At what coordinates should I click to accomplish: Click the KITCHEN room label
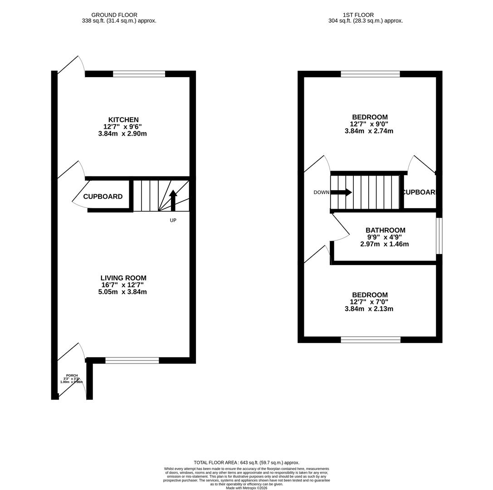(123, 120)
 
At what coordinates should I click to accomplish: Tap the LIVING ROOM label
(123, 278)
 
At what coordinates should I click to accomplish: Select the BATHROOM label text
(386, 230)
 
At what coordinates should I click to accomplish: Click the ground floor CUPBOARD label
(103, 196)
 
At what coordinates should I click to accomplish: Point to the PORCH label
(72, 376)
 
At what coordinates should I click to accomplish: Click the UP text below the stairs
(173, 220)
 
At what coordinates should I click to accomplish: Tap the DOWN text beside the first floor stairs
(321, 192)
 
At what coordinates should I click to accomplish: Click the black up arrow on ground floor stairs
(173, 200)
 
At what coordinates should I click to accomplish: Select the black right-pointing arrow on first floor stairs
(342, 192)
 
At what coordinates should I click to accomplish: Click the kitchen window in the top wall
(139, 74)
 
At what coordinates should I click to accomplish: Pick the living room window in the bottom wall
(132, 361)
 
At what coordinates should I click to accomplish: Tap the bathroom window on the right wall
(439, 236)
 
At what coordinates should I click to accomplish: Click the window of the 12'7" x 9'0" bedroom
(370, 74)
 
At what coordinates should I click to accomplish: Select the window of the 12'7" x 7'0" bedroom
(371, 339)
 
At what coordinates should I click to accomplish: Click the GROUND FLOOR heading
(114, 15)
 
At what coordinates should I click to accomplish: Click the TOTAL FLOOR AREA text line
(246, 462)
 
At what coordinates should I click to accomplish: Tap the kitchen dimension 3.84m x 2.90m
(122, 134)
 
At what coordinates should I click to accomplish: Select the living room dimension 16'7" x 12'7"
(122, 285)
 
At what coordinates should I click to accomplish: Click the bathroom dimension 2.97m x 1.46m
(385, 244)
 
